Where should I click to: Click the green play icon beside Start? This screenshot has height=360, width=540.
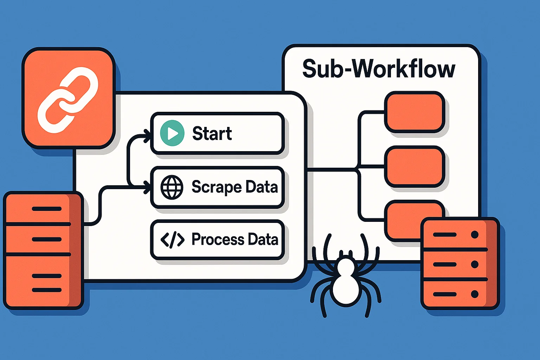172,133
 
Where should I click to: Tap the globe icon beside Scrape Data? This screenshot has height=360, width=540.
172,187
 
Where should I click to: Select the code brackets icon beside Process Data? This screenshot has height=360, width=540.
172,239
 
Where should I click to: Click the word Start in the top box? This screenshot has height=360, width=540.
212,134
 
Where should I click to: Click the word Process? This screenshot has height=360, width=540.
218,239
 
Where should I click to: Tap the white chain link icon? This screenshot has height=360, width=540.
68,100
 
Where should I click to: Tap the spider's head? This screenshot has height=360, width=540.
346,267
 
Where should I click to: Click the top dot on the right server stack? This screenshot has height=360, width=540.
475,234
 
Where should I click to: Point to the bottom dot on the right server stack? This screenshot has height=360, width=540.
475,294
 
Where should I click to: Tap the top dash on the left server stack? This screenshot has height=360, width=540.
47,209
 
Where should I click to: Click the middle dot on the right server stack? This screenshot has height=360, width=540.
475,264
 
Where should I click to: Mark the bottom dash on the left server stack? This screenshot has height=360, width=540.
47,290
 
